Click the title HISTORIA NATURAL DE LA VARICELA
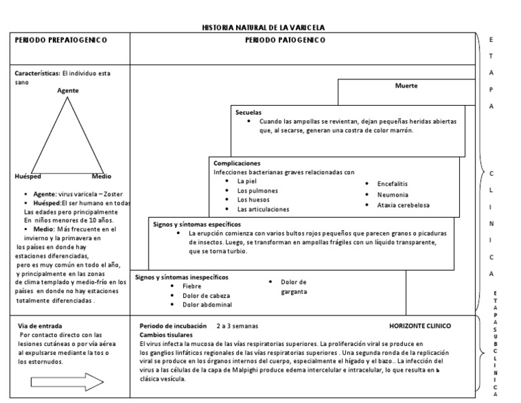[x=264, y=28]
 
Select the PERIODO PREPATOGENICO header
[x=61, y=40]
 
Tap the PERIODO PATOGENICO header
[x=285, y=40]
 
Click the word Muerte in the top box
[x=406, y=86]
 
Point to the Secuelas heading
[x=248, y=112]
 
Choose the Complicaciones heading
[x=237, y=164]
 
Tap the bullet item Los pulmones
[x=257, y=191]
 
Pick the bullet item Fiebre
[x=192, y=286]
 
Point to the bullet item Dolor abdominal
[x=208, y=305]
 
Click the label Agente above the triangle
[x=68, y=90]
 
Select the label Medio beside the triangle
[x=102, y=176]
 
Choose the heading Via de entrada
[x=41, y=326]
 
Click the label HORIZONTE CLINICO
[x=420, y=326]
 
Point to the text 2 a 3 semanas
[x=237, y=326]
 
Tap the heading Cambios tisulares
[x=166, y=335]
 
